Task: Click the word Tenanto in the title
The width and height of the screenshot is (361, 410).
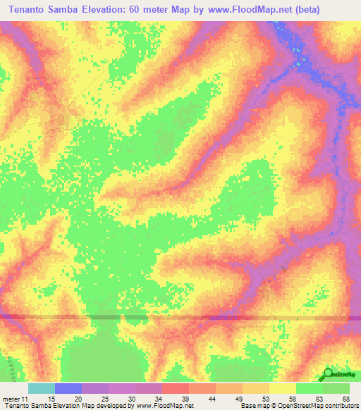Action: coord(31,11)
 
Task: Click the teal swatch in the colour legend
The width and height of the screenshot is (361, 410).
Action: coord(42,388)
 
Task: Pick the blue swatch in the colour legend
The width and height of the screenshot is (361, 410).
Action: coord(68,388)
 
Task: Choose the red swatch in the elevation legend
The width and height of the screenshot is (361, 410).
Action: coord(176,388)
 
